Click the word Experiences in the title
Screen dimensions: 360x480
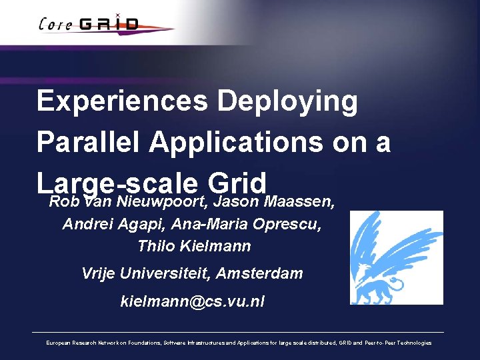click(x=122, y=102)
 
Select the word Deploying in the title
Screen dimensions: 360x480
click(x=288, y=102)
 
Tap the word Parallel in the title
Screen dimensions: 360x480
click(x=88, y=142)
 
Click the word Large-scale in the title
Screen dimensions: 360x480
click(x=117, y=181)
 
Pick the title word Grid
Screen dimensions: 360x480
click(x=237, y=181)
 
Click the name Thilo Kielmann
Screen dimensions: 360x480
click(x=193, y=246)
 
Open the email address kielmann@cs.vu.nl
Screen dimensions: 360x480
click(x=192, y=301)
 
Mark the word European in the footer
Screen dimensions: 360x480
click(x=59, y=343)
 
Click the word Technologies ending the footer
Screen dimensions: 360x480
click(x=415, y=343)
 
